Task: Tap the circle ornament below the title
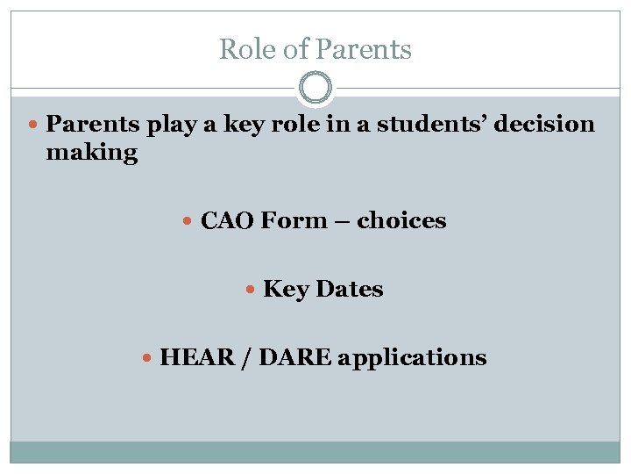[315, 89]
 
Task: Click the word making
[91, 153]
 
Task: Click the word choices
[401, 220]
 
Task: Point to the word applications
[412, 357]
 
